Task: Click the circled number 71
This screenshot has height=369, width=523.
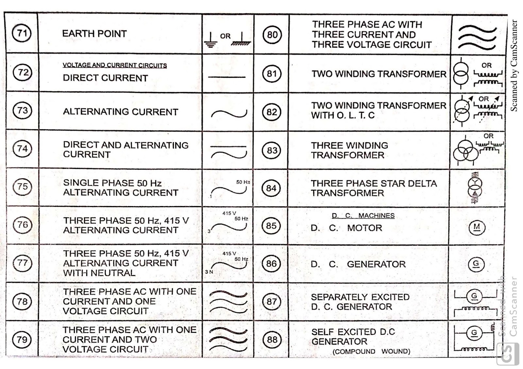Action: click(22, 33)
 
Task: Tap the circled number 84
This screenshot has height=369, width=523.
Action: click(271, 188)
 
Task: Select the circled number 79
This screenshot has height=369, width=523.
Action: click(22, 340)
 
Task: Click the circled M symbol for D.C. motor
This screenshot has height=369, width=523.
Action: click(477, 227)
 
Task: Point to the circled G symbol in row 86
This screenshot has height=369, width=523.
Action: click(476, 264)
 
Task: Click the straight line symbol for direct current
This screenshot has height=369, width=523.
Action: click(227, 77)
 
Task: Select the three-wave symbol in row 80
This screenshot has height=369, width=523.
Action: click(477, 38)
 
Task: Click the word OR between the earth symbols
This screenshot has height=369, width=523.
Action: click(225, 36)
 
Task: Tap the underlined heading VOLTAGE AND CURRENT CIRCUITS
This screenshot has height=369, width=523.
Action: click(114, 65)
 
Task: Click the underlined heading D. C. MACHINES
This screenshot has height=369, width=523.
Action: click(363, 216)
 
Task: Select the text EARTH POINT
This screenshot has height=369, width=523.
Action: click(94, 33)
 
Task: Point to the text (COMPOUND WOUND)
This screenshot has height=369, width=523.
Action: click(371, 352)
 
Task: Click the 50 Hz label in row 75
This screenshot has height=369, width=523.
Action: click(243, 182)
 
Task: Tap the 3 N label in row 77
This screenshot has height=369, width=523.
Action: click(209, 272)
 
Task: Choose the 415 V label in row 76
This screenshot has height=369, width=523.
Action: click(229, 213)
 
